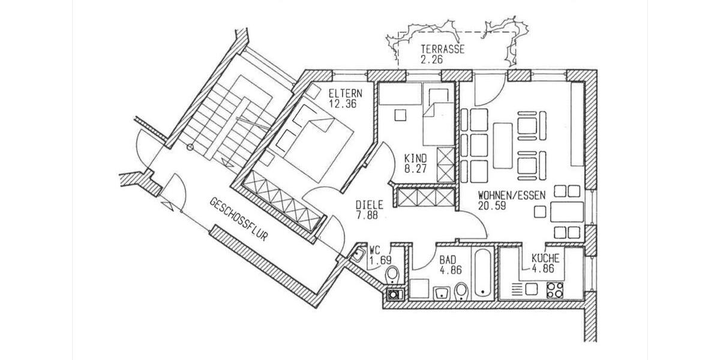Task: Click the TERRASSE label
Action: pyautogui.click(x=442, y=50)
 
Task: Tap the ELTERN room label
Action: pyautogui.click(x=344, y=94)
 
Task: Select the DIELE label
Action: pyautogui.click(x=367, y=204)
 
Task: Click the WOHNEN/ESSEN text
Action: pyautogui.click(x=503, y=196)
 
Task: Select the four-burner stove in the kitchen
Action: pyautogui.click(x=555, y=289)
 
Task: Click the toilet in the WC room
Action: pyautogui.click(x=392, y=275)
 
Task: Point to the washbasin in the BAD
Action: pyautogui.click(x=441, y=292)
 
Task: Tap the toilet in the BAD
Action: pyautogui.click(x=461, y=292)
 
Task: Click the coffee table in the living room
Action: pyautogui.click(x=502, y=145)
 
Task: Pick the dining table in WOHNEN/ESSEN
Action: pyautogui.click(x=567, y=212)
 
